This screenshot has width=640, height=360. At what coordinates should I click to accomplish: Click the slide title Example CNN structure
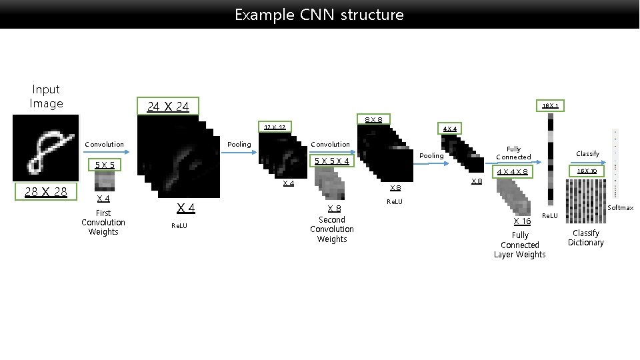click(x=319, y=14)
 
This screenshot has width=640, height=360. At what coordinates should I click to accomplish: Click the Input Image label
click(x=46, y=96)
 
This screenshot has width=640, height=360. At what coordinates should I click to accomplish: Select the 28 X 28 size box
click(x=46, y=192)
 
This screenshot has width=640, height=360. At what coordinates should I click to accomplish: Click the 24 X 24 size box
click(x=169, y=106)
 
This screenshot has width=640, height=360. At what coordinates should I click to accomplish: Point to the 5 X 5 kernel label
click(x=105, y=165)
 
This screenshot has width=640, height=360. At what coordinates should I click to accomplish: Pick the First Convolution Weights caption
click(x=103, y=223)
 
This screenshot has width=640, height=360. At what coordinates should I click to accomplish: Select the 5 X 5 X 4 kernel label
click(x=332, y=161)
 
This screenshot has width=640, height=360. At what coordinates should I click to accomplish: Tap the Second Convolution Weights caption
click(x=332, y=229)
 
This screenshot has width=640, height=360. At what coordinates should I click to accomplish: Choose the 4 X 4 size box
click(x=451, y=129)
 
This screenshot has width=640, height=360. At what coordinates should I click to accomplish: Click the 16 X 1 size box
click(x=550, y=105)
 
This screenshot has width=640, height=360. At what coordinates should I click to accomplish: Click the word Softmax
click(x=621, y=208)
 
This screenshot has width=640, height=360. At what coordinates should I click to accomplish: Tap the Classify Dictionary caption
click(x=586, y=238)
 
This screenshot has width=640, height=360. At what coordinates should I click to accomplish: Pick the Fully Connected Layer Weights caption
click(x=520, y=245)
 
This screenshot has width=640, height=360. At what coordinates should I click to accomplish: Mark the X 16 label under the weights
click(x=522, y=221)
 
